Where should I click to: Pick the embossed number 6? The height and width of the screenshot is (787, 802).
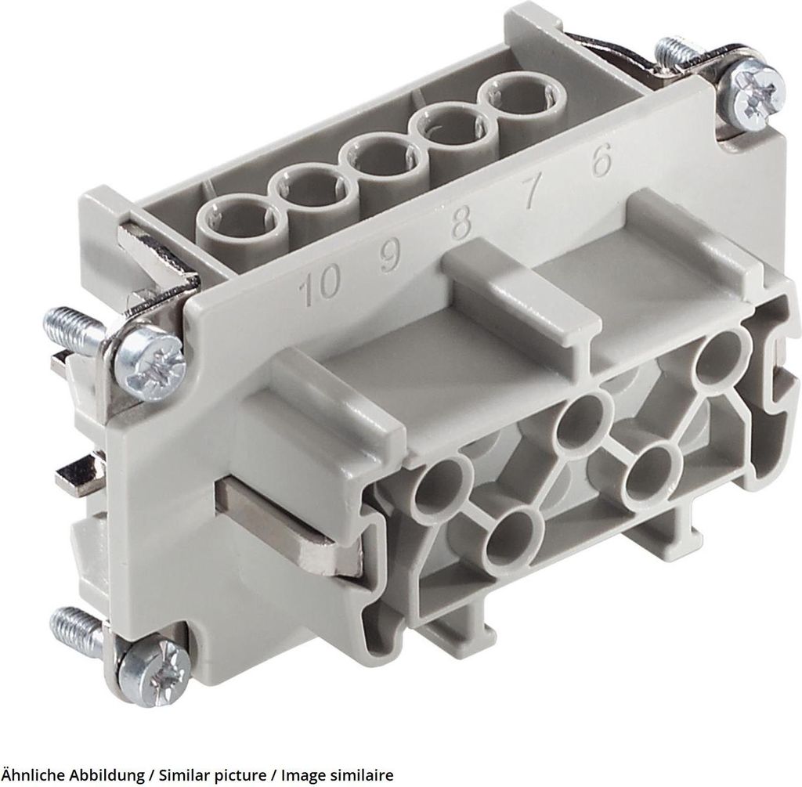point(601,161)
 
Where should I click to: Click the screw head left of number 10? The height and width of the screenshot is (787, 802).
point(150,356)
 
